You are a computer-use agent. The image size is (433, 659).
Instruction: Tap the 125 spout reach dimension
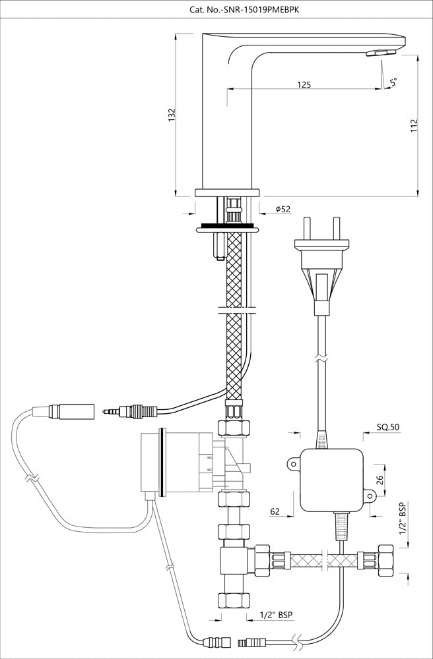303,85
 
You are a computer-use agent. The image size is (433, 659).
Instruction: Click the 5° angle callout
393,82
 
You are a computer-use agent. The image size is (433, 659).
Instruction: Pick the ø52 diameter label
283,209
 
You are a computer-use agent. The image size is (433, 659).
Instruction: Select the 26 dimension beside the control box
380,480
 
